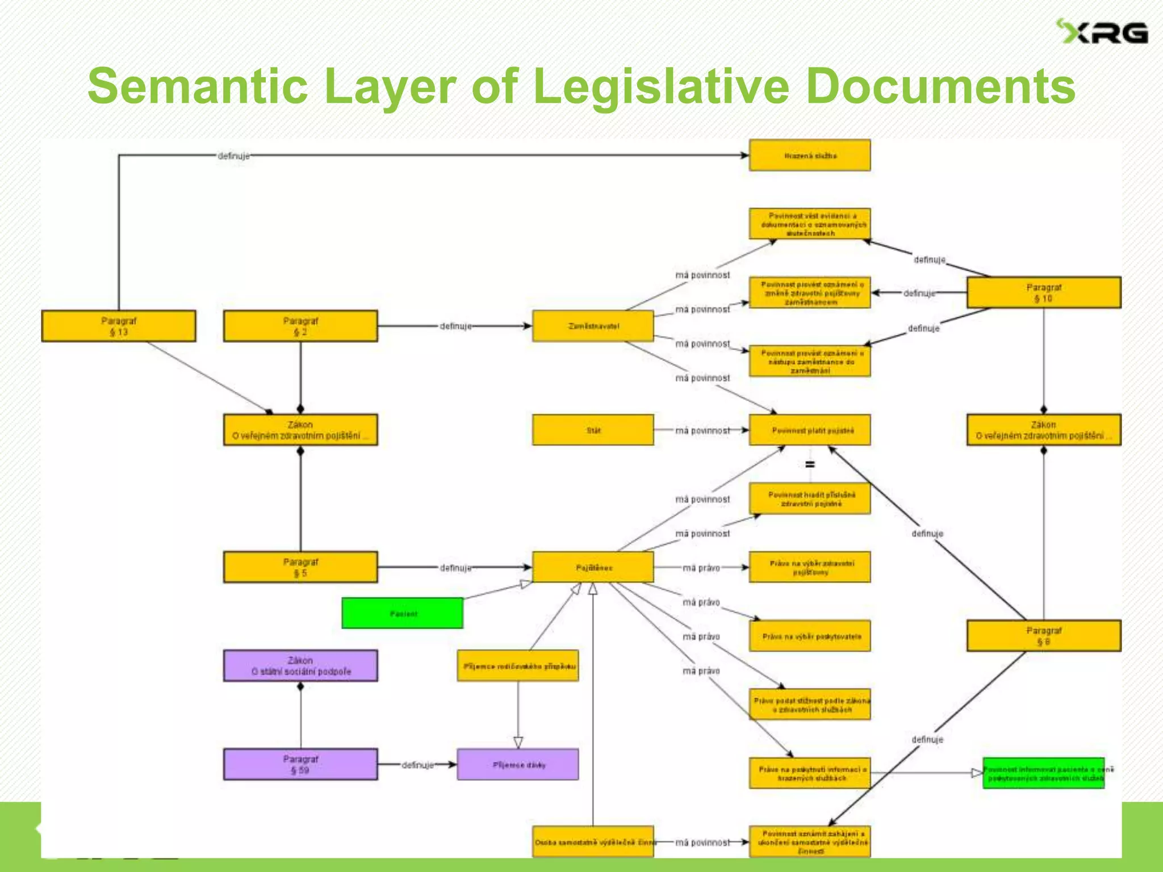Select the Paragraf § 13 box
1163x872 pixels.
click(x=119, y=326)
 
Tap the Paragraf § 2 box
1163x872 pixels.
click(x=300, y=326)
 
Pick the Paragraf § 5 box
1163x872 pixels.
click(x=300, y=567)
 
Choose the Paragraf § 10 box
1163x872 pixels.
click(x=1044, y=293)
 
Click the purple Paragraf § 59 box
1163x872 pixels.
click(x=300, y=764)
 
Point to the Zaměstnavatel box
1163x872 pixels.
click(x=593, y=326)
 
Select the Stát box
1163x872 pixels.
click(x=593, y=430)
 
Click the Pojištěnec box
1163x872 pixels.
click(x=593, y=567)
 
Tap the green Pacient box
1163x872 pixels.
click(x=403, y=613)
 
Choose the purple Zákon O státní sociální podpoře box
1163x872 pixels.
click(x=300, y=665)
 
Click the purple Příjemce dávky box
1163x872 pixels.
click(x=518, y=764)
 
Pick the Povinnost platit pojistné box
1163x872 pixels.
click(x=810, y=430)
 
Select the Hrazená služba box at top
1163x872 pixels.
click(x=810, y=156)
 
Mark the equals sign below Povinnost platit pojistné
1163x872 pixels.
click(x=810, y=464)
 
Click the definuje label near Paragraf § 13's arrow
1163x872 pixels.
click(x=233, y=156)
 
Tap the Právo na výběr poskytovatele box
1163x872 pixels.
click(x=810, y=636)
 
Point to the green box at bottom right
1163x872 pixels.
click(x=1044, y=773)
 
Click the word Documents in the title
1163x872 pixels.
click(x=940, y=86)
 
